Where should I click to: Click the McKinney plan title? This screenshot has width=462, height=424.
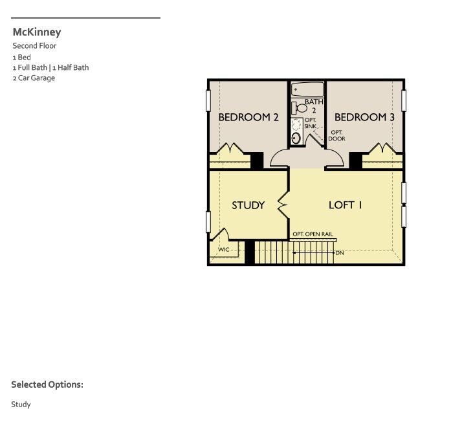[x=36, y=32]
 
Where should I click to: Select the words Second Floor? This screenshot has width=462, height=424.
[x=34, y=46]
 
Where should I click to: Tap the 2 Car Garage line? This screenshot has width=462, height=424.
[x=33, y=78]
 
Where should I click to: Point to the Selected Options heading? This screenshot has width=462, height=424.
[x=47, y=385]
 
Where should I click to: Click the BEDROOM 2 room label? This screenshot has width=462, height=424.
[x=248, y=117]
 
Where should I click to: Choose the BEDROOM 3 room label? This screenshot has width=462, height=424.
[x=364, y=117]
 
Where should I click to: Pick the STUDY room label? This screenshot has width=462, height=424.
[x=248, y=205]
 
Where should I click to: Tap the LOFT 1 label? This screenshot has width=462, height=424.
[x=346, y=205]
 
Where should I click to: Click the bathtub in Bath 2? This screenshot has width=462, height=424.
[x=307, y=89]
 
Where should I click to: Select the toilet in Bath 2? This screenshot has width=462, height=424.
[x=300, y=107]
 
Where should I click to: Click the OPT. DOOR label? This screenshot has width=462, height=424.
[x=336, y=135]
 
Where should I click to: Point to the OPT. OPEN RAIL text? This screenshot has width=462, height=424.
[x=314, y=234]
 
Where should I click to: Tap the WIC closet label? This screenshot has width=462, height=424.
[x=224, y=249]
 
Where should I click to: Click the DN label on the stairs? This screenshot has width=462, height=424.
[x=340, y=252]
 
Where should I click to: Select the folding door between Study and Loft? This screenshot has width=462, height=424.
[x=283, y=205]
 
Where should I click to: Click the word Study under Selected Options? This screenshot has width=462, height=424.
[x=21, y=405]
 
